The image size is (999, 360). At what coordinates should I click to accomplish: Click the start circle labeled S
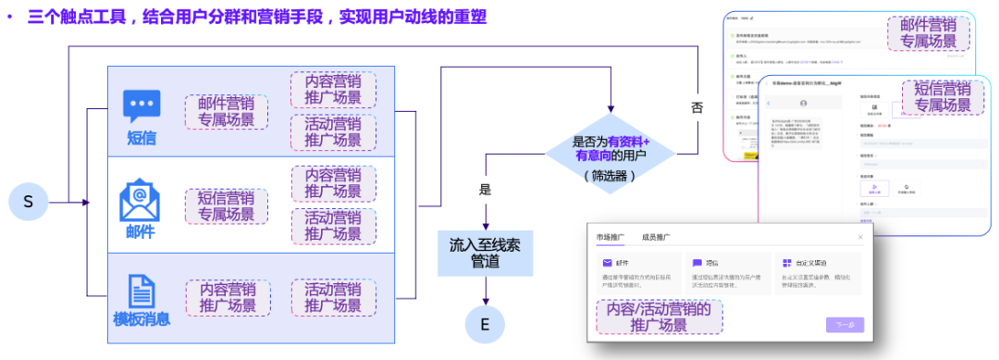click(28, 202)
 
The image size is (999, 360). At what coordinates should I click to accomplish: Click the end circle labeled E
click(484, 324)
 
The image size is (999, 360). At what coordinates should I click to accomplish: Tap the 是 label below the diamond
click(485, 190)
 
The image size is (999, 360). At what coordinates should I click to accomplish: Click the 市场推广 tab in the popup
click(611, 238)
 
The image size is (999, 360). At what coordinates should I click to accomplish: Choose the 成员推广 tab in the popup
click(658, 238)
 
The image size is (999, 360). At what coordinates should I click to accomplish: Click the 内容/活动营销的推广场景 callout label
click(659, 317)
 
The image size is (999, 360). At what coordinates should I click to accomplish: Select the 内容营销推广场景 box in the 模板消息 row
click(228, 297)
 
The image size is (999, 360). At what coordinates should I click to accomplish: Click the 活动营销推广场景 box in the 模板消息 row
click(333, 297)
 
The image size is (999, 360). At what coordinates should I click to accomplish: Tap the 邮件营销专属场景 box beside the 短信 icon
click(228, 112)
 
